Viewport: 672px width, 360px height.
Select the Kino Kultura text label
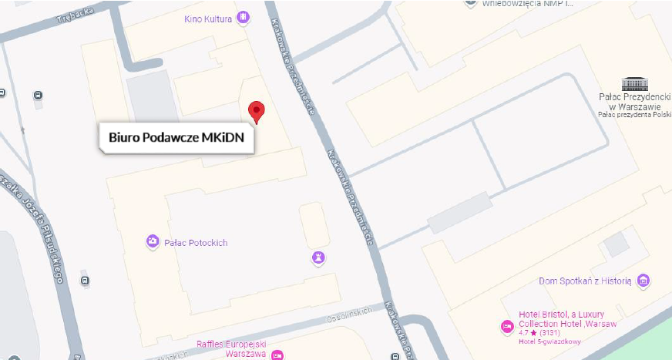208,19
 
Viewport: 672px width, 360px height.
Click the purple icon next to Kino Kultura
244,17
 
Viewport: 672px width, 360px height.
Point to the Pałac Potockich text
196,243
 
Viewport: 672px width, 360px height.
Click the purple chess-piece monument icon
318,257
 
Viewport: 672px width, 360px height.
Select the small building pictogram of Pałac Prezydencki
634,83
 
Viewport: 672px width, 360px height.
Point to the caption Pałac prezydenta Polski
634,114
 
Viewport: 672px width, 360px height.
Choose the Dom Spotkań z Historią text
585,281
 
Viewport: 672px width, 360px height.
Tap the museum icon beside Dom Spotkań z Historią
643,281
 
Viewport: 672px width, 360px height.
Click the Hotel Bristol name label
561,318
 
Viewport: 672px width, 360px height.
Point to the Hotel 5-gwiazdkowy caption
550,341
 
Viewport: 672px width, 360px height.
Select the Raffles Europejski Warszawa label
231,349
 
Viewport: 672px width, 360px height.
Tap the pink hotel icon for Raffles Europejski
277,355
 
